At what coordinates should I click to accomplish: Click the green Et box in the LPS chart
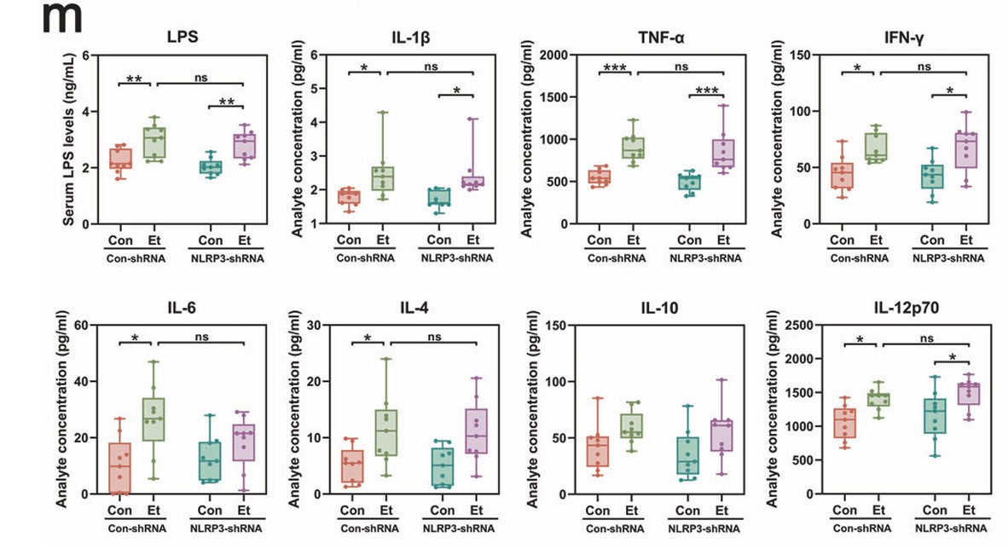point(154,142)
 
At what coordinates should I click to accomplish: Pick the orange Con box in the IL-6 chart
point(120,468)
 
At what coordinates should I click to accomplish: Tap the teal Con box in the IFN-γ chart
point(932,176)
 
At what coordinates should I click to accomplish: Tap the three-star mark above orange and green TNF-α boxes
point(613,66)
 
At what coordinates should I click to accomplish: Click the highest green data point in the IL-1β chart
point(383,113)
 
